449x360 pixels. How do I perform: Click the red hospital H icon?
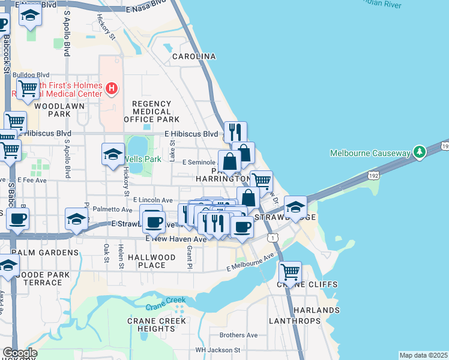(110, 89)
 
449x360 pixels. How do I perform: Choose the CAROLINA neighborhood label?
(194, 56)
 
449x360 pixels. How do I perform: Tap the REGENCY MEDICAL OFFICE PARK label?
(152, 112)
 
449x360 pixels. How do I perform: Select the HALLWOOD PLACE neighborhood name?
(152, 261)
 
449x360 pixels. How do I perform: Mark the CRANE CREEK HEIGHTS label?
(151, 325)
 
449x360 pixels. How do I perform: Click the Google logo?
(19, 353)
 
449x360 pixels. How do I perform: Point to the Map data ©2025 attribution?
(423, 355)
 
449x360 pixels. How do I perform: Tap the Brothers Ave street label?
(238, 335)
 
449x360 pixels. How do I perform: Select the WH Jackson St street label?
(217, 350)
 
